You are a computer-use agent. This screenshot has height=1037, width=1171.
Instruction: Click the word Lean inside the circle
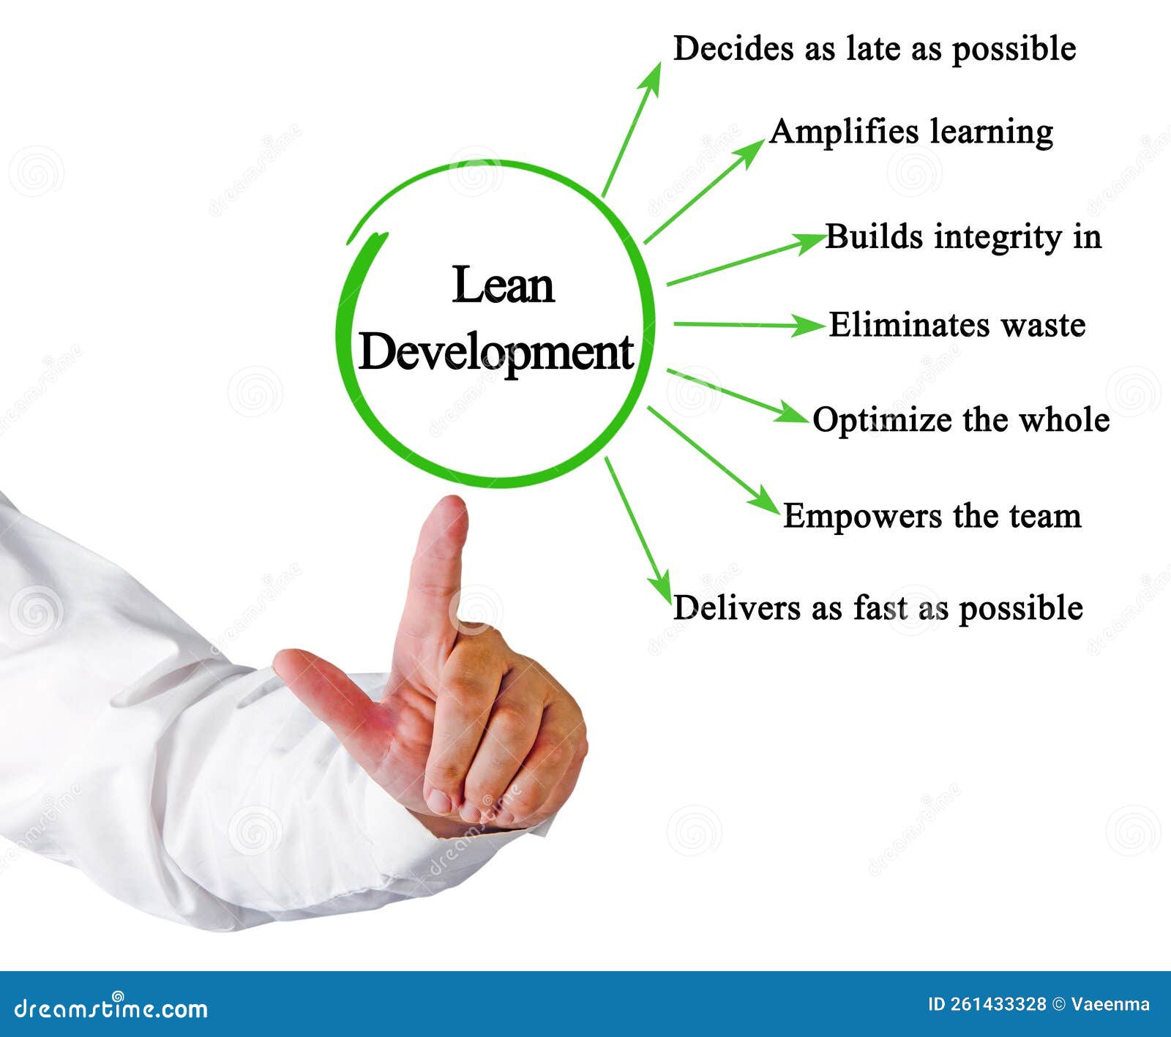503,285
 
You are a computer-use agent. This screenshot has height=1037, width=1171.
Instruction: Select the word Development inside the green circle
495,353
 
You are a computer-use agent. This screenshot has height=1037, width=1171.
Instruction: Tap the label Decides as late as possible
874,49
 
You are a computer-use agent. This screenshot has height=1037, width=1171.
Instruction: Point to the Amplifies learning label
910,132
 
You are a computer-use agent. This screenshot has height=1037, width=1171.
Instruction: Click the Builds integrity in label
962,237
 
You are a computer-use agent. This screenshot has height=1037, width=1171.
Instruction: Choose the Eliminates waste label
957,325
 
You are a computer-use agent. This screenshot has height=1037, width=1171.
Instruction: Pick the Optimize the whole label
960,420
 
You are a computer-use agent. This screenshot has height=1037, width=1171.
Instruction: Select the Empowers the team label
932,516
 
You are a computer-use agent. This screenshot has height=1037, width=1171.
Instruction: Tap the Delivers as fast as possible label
878,607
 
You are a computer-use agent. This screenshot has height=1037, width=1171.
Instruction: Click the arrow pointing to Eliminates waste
747,324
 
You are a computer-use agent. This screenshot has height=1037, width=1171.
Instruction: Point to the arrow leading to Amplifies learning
703,191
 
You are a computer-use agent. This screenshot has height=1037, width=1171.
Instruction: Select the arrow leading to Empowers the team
714,461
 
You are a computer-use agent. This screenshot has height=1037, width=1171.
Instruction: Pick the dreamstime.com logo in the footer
111,1008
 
